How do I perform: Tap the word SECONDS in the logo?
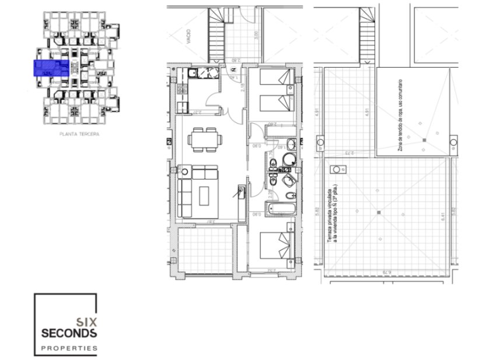pos(69,333)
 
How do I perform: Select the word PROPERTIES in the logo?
pos(69,349)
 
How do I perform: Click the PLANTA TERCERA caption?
pos(80,134)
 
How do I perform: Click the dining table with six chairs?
pos(204,139)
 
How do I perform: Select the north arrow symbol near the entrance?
pos(233,70)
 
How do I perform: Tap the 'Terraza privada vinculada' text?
pos(332,213)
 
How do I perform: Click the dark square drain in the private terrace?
pos(379,211)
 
